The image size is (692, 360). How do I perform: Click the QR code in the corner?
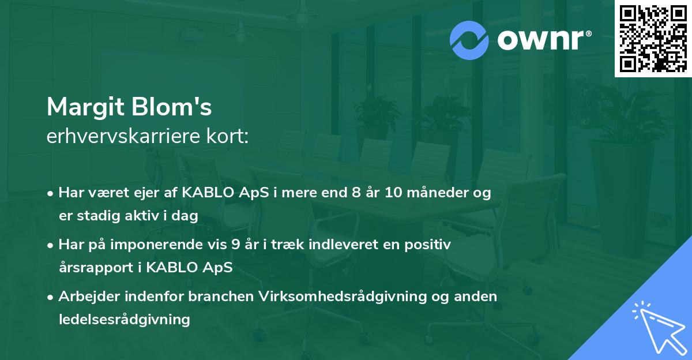point(653,39)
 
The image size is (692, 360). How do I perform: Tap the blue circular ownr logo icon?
point(469,40)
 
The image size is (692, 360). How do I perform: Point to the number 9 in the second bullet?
point(235,245)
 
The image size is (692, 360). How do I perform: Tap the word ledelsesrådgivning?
point(124,319)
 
